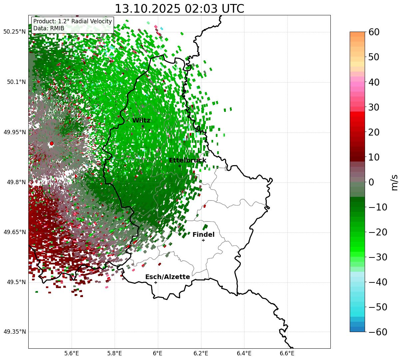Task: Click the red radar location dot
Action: pos(51,144)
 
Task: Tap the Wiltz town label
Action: pos(141,121)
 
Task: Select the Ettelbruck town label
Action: pos(188,161)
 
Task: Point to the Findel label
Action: pos(203,235)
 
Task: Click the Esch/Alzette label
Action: pos(168,277)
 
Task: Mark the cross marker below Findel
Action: pos(203,240)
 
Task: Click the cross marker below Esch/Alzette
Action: pos(156,282)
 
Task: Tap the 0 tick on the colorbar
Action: pos(371,182)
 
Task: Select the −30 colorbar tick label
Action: pos(378,257)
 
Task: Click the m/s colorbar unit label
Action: pos(394,182)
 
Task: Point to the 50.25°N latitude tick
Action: pos(15,32)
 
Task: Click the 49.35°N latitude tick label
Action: pos(15,332)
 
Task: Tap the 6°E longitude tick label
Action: pos(158,353)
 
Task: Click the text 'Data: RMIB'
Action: pos(49,28)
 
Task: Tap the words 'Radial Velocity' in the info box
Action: pos(93,21)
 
